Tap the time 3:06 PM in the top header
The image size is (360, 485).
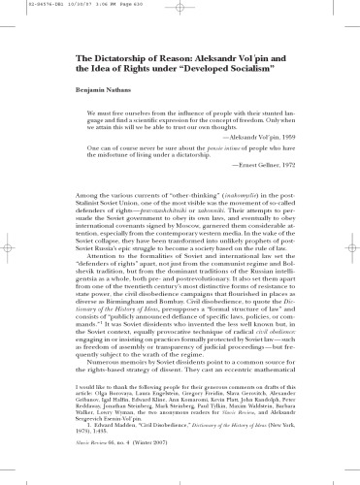click(94, 6)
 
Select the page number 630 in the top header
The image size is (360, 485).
click(143, 6)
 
